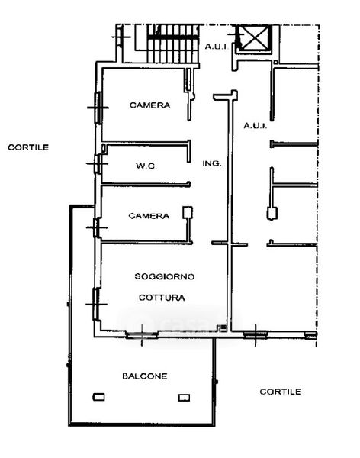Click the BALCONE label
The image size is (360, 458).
(144, 376)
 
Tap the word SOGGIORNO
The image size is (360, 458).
(165, 276)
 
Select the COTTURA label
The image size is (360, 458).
(162, 298)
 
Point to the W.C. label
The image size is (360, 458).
(146, 166)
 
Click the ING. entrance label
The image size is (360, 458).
(212, 163)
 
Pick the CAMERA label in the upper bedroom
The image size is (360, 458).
(149, 105)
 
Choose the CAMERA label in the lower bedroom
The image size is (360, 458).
(149, 216)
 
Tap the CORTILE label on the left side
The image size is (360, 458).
(28, 147)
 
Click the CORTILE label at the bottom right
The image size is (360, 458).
(280, 392)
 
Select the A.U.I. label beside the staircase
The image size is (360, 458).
(216, 47)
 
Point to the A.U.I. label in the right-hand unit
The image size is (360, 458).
(256, 126)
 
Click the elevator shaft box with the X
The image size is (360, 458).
(254, 38)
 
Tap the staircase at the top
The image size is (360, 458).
(173, 44)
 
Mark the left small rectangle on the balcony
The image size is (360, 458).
(98, 397)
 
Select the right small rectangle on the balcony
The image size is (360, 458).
(184, 398)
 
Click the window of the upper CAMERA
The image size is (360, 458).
(98, 108)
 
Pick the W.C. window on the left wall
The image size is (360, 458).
(98, 164)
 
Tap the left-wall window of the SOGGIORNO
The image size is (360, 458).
(96, 304)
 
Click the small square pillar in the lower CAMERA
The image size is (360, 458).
(188, 212)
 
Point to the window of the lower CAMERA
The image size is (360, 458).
(97, 227)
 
